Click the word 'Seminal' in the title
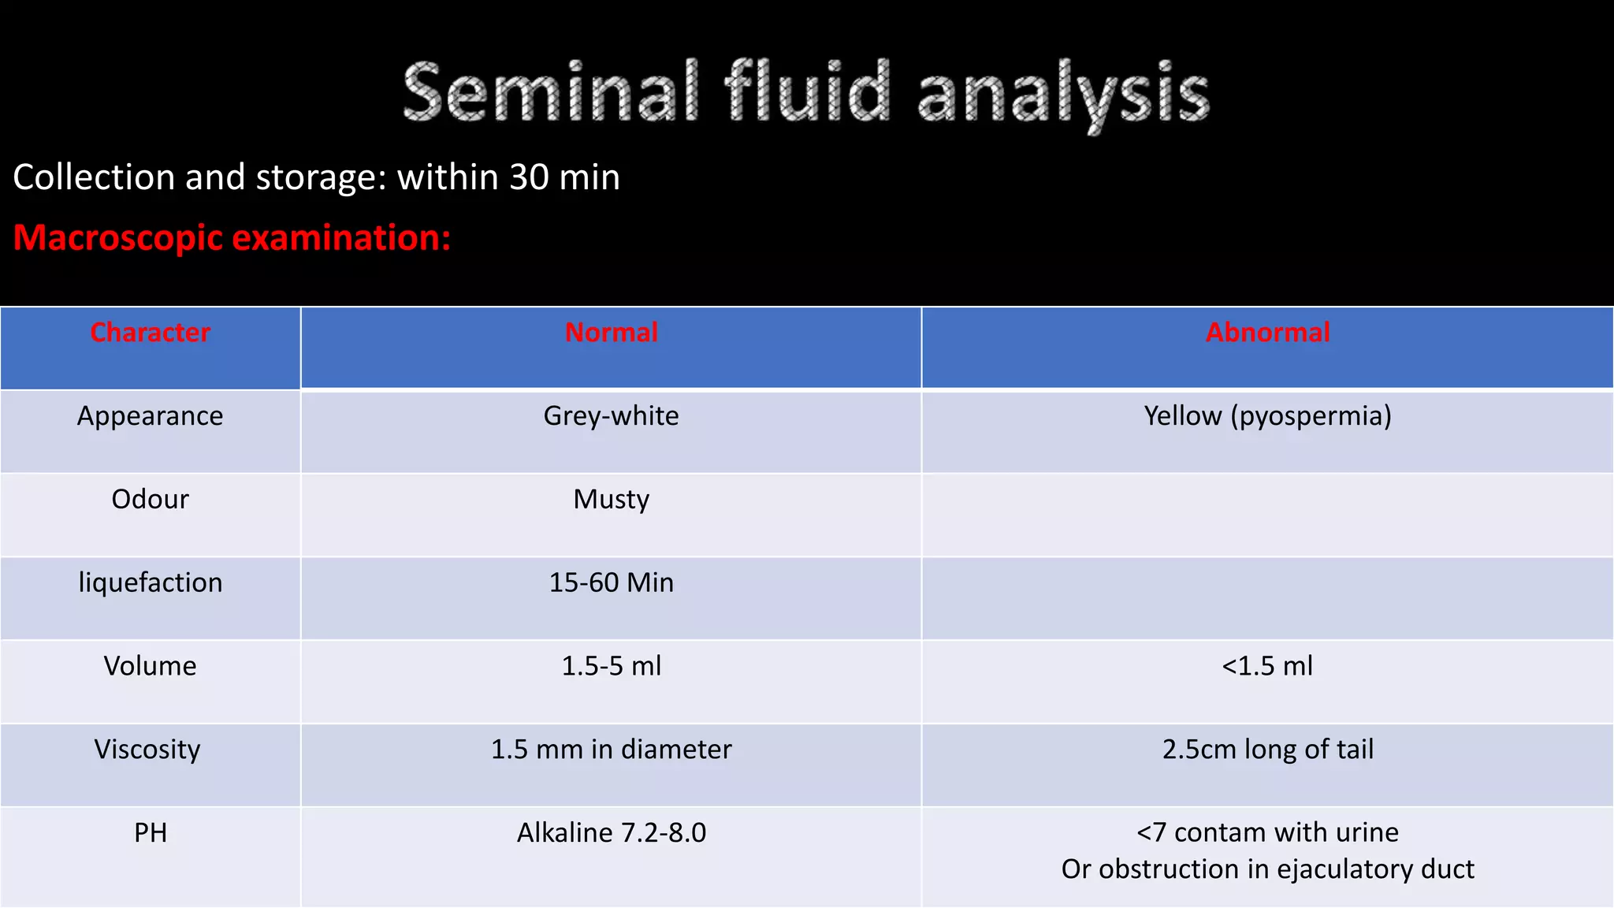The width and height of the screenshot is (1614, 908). click(x=550, y=93)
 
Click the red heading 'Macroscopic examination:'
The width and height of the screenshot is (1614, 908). click(x=232, y=238)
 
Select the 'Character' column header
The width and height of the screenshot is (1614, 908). click(x=150, y=333)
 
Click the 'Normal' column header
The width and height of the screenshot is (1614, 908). click(x=611, y=333)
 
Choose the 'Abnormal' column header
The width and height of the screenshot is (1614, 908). click(x=1267, y=333)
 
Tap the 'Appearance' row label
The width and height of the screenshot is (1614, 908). click(x=150, y=416)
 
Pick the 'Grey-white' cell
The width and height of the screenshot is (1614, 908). click(x=611, y=416)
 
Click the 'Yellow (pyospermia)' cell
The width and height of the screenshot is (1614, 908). click(x=1267, y=416)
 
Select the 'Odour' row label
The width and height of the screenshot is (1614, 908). click(x=150, y=500)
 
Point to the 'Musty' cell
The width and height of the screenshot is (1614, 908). click(x=611, y=500)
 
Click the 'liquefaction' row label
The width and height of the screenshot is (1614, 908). click(x=150, y=583)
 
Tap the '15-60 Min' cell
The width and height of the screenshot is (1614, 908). click(x=611, y=583)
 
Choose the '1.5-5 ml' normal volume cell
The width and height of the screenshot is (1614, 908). click(x=611, y=667)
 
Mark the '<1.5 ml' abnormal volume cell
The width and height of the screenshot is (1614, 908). click(x=1267, y=667)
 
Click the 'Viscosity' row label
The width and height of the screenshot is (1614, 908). click(x=147, y=750)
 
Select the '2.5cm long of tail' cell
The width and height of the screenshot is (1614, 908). click(x=1267, y=750)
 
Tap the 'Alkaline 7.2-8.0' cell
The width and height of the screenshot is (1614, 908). click(x=611, y=833)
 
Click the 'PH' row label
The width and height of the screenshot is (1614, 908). click(x=150, y=833)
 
